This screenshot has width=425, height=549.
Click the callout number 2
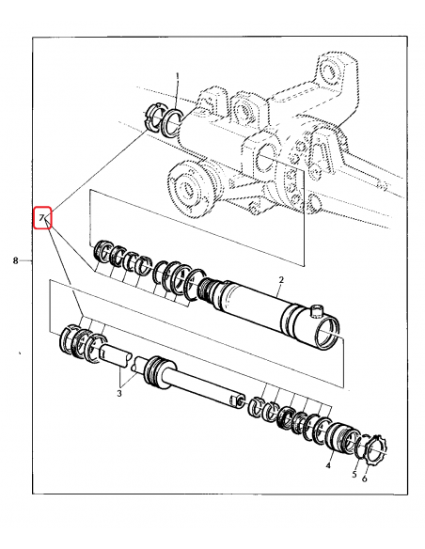pyautogui.click(x=280, y=280)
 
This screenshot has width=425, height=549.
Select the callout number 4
pyautogui.click(x=328, y=464)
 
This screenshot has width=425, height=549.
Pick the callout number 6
pyautogui.click(x=365, y=479)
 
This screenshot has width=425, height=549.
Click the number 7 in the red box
pyautogui.click(x=41, y=218)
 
